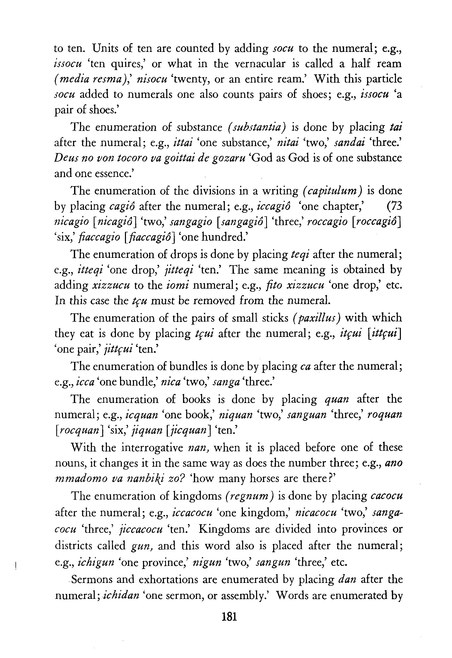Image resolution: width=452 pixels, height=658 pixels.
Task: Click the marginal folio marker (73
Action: [394, 206]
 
